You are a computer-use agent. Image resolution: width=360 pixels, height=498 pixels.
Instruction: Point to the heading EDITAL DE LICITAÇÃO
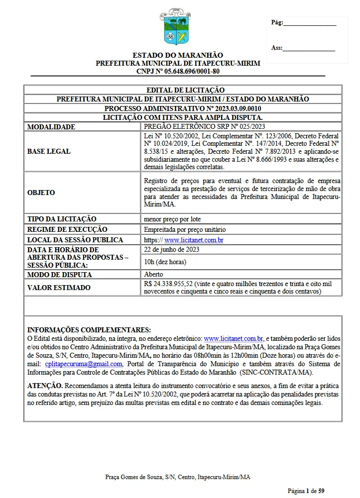[182, 90]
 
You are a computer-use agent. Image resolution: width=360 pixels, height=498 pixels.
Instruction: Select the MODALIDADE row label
[51, 127]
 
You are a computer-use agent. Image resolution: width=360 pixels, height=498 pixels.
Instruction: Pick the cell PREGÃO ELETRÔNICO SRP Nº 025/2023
[204, 126]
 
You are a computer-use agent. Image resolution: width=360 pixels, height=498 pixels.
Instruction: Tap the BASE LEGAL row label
[48, 151]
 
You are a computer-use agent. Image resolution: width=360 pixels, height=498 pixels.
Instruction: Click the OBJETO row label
[41, 193]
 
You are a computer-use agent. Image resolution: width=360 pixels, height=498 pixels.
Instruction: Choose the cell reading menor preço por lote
[172, 219]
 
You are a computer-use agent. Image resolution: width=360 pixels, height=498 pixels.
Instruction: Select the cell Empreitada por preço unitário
[184, 229]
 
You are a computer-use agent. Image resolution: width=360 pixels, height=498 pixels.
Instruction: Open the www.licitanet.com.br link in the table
[194, 240]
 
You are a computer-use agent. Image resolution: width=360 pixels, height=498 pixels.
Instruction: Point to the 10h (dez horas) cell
[165, 262]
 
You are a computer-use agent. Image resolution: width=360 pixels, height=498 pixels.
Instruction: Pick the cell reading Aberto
[153, 274]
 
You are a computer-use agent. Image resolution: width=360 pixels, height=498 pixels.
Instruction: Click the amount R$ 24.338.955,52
[169, 284]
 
